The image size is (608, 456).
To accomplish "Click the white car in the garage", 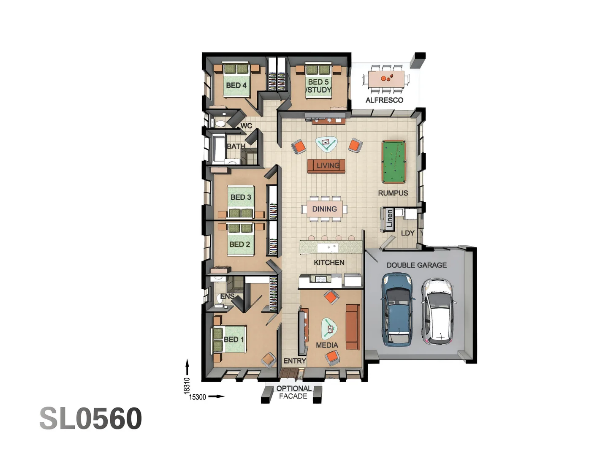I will [x=439, y=311].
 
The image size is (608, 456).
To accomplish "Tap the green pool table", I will [x=393, y=161].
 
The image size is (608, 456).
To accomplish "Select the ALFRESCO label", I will [x=384, y=100].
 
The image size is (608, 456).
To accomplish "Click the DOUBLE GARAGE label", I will [x=416, y=265].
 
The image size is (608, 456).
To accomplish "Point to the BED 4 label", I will [x=236, y=85].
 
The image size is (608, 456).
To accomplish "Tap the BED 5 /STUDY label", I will [x=318, y=86].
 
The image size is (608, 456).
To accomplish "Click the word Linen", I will [x=389, y=219].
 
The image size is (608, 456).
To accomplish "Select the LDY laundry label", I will [x=407, y=233].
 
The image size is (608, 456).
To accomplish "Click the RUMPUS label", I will [x=393, y=193].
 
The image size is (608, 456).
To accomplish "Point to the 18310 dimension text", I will [x=187, y=386].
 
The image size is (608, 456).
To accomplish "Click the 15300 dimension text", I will [x=198, y=397].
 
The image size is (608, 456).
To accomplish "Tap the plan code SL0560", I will [x=91, y=418].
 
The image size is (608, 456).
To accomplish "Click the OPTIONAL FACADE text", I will [x=293, y=392].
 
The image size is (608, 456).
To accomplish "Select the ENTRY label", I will [x=294, y=361].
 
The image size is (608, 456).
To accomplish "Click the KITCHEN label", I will [x=329, y=262].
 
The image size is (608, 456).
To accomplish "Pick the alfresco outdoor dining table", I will [x=386, y=79].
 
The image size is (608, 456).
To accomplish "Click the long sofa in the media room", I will [x=352, y=326].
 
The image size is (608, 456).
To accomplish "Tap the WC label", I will [x=246, y=126].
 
